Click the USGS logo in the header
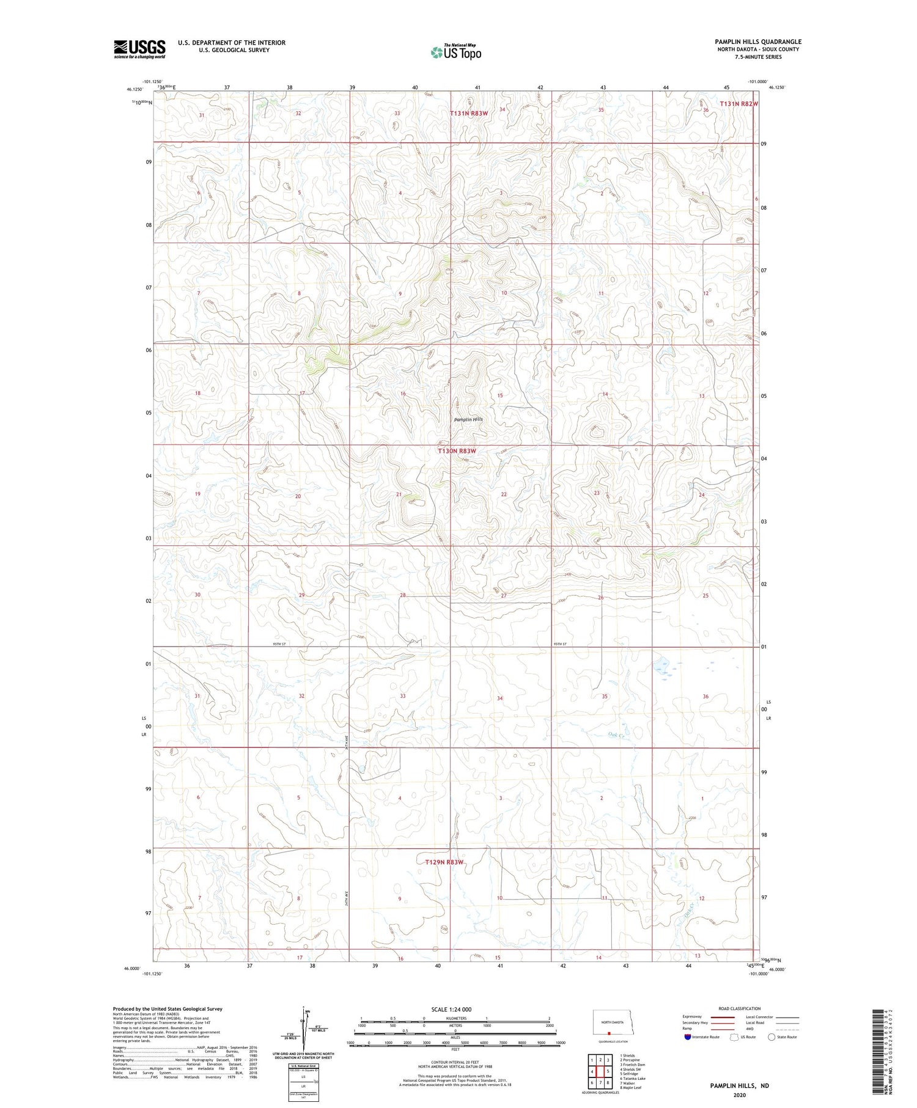tap(139, 49)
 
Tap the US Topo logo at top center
tap(456, 52)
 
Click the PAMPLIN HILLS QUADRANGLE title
tap(758, 42)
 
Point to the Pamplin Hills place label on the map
tap(468, 419)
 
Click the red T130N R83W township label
tap(456, 451)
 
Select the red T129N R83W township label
tap(444, 862)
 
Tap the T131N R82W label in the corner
tap(738, 104)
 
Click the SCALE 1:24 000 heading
tap(451, 1009)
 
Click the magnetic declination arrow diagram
tap(303, 1029)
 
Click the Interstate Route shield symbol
tap(688, 1037)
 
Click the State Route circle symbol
tap(772, 1037)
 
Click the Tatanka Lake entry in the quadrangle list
tap(633, 1079)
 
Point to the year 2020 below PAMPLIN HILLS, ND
tap(739, 1096)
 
